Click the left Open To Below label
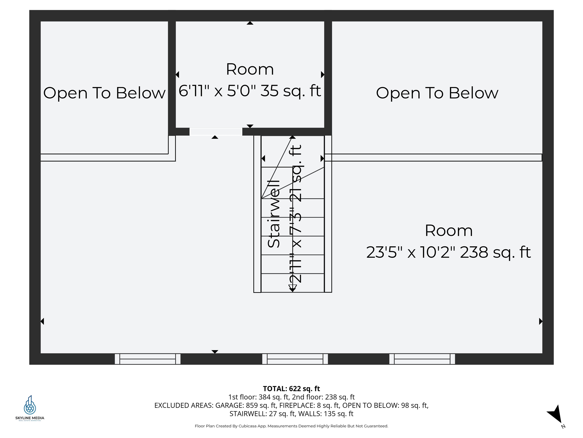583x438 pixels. [104, 93]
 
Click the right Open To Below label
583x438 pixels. [437, 93]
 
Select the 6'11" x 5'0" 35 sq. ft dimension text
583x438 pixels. [250, 91]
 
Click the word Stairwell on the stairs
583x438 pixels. [274, 214]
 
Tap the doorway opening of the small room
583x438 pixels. [216, 132]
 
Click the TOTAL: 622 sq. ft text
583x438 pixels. [291, 389]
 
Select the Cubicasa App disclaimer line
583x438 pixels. [291, 426]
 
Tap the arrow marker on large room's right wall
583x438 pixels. [540, 321]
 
